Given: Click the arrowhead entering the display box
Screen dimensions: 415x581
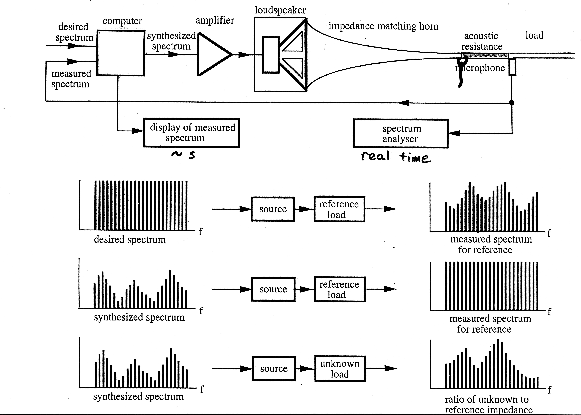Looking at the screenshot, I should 137,131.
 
